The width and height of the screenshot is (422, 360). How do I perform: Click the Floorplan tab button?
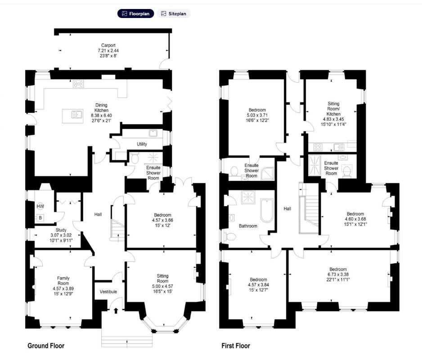[x=136, y=13]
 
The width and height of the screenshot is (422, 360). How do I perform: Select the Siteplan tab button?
[x=174, y=13]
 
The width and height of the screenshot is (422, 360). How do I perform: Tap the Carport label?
[x=108, y=45]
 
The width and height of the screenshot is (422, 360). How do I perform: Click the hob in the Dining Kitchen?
[x=78, y=84]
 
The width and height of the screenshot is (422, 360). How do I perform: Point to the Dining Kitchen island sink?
[x=76, y=115]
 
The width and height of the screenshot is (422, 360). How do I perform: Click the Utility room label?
[x=142, y=144]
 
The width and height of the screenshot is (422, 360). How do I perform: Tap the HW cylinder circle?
[x=40, y=206]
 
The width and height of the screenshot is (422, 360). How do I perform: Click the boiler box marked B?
[x=40, y=218]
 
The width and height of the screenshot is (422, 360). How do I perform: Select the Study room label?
[x=61, y=230]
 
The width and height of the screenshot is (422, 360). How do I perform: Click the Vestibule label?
[x=108, y=292]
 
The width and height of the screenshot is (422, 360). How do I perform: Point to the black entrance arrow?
[x=116, y=311]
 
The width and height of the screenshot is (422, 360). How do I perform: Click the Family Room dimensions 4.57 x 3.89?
[x=63, y=288]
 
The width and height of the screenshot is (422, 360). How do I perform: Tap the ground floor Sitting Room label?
[x=162, y=279]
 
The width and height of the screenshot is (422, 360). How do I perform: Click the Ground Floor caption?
[x=46, y=346]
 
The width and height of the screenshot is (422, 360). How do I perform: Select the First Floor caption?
[x=236, y=346]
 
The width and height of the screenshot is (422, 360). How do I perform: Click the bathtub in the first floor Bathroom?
[x=267, y=210]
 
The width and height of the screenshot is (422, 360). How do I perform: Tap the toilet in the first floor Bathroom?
[x=231, y=237]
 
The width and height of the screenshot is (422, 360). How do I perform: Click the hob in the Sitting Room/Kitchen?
[x=318, y=147]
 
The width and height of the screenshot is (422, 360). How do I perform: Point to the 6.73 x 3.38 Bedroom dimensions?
[x=338, y=274]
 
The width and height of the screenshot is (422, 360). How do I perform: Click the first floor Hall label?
[x=287, y=209]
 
